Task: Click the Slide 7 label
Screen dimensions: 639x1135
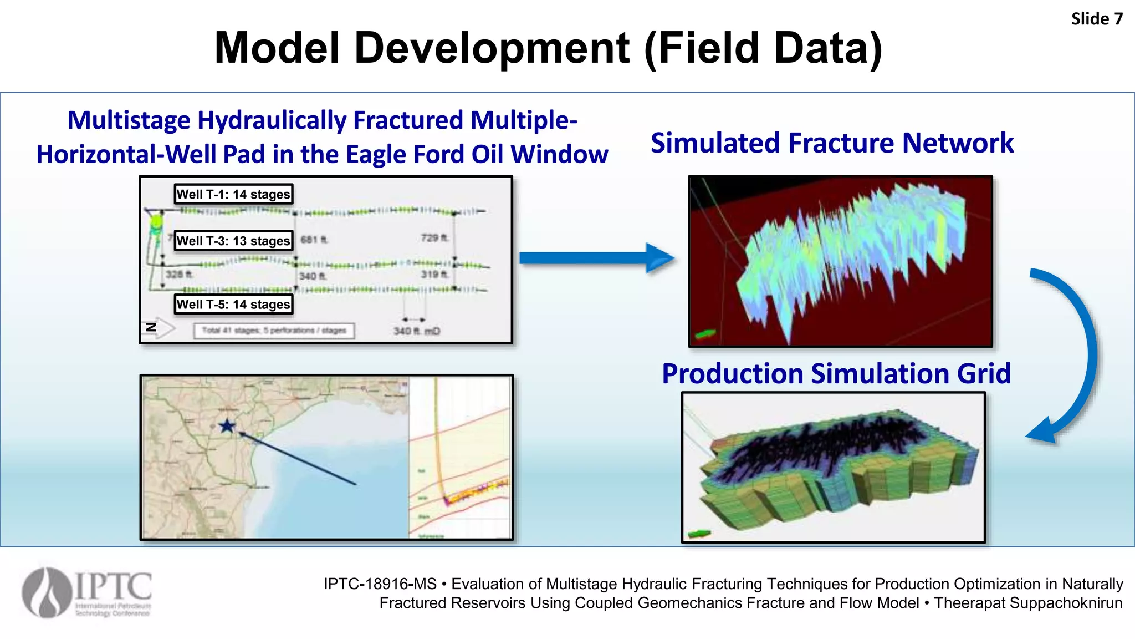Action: coord(1096,19)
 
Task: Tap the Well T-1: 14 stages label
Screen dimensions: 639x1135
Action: coord(233,194)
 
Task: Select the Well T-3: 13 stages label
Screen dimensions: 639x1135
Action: coord(233,241)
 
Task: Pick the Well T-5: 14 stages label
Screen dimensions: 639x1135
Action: coord(233,304)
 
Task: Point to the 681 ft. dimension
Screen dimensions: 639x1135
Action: coord(314,240)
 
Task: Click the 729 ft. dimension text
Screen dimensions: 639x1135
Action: coord(434,238)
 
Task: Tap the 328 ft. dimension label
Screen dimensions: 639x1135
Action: coord(179,274)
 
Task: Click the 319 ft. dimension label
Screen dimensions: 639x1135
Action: coord(434,274)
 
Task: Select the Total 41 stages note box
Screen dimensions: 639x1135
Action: coord(274,331)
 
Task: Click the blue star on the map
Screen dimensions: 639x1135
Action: coord(227,426)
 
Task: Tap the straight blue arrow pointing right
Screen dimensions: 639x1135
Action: coord(596,258)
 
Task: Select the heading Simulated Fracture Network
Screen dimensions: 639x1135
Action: coord(832,143)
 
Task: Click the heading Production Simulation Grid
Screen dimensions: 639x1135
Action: coord(836,373)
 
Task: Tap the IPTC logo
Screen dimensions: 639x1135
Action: coord(87,592)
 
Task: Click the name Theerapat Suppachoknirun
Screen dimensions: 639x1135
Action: coord(1028,603)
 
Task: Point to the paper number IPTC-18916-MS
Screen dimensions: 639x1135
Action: coord(380,584)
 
